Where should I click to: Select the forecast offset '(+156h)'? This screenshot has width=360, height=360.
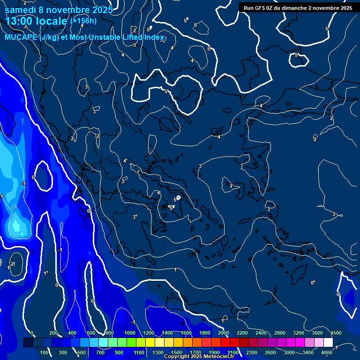pyautogui.click(x=83, y=21)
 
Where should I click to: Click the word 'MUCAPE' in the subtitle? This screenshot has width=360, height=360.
pyautogui.click(x=21, y=37)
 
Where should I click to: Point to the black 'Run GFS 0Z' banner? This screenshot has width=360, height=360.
pyautogui.click(x=298, y=8)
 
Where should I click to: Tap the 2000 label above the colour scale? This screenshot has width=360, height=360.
pyautogui.click(x=224, y=333)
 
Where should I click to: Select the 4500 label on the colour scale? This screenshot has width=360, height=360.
pyautogui.click(x=336, y=333)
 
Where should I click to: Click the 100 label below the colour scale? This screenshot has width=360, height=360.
pyautogui.click(x=45, y=352)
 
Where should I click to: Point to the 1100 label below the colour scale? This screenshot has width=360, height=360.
pyautogui.click(x=139, y=352)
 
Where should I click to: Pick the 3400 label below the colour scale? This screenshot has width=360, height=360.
pyautogui.click(x=308, y=352)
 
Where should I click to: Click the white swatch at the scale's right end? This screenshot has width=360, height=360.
pyautogui.click(x=328, y=343)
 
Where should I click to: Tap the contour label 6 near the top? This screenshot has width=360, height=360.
pyautogui.click(x=195, y=25)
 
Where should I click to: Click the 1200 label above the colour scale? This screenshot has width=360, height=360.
pyautogui.click(x=149, y=333)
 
